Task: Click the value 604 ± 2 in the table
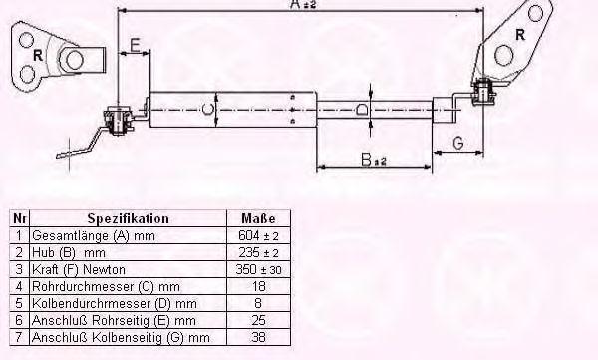(x=258, y=235)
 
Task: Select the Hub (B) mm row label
(x=69, y=252)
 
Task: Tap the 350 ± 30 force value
(x=258, y=269)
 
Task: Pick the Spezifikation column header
(x=129, y=218)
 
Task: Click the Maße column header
(x=258, y=218)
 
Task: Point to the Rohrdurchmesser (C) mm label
(x=106, y=286)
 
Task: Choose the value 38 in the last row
(x=258, y=337)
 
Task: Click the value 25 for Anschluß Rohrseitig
(x=258, y=320)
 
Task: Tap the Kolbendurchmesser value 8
(x=258, y=303)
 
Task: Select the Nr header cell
(x=20, y=218)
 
